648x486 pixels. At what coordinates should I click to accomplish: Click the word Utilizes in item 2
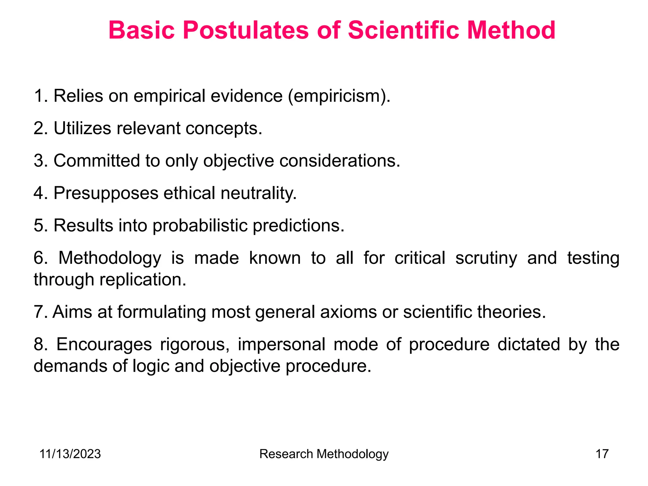click(x=82, y=128)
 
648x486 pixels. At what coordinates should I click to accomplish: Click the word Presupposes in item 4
click(x=106, y=193)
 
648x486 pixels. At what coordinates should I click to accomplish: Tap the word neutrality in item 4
click(x=259, y=193)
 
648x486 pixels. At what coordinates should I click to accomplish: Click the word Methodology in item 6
click(x=110, y=258)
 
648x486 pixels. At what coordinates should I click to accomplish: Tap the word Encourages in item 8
click(x=104, y=345)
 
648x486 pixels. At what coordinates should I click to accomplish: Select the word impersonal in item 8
click(x=281, y=345)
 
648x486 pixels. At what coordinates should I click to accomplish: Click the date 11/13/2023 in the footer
click(x=70, y=454)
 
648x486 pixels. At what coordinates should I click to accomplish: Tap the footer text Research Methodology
click(x=324, y=454)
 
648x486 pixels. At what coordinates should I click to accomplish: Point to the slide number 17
click(x=602, y=454)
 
